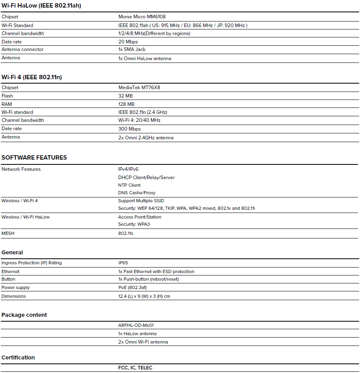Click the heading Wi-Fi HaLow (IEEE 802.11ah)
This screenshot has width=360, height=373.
41,6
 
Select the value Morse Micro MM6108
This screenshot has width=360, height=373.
142,17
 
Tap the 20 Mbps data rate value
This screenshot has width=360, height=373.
128,42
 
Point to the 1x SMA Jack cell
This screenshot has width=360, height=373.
132,49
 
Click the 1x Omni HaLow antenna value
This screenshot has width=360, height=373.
145,59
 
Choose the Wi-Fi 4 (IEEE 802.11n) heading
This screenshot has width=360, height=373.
32,77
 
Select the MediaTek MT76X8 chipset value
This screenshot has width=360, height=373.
139,88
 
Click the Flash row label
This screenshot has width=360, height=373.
7,96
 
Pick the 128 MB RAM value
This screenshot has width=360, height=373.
127,104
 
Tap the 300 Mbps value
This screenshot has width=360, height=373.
129,129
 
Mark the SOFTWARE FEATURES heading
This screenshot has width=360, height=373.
34,158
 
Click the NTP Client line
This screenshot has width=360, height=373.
129,185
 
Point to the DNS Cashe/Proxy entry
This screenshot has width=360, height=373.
137,193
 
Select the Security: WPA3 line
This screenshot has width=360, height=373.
134,224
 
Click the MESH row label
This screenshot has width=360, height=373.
8,233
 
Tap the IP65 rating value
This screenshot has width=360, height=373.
123,263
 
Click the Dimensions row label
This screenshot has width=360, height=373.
14,296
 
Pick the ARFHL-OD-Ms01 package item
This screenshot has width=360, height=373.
136,325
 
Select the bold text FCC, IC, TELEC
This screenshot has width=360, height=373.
135,368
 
